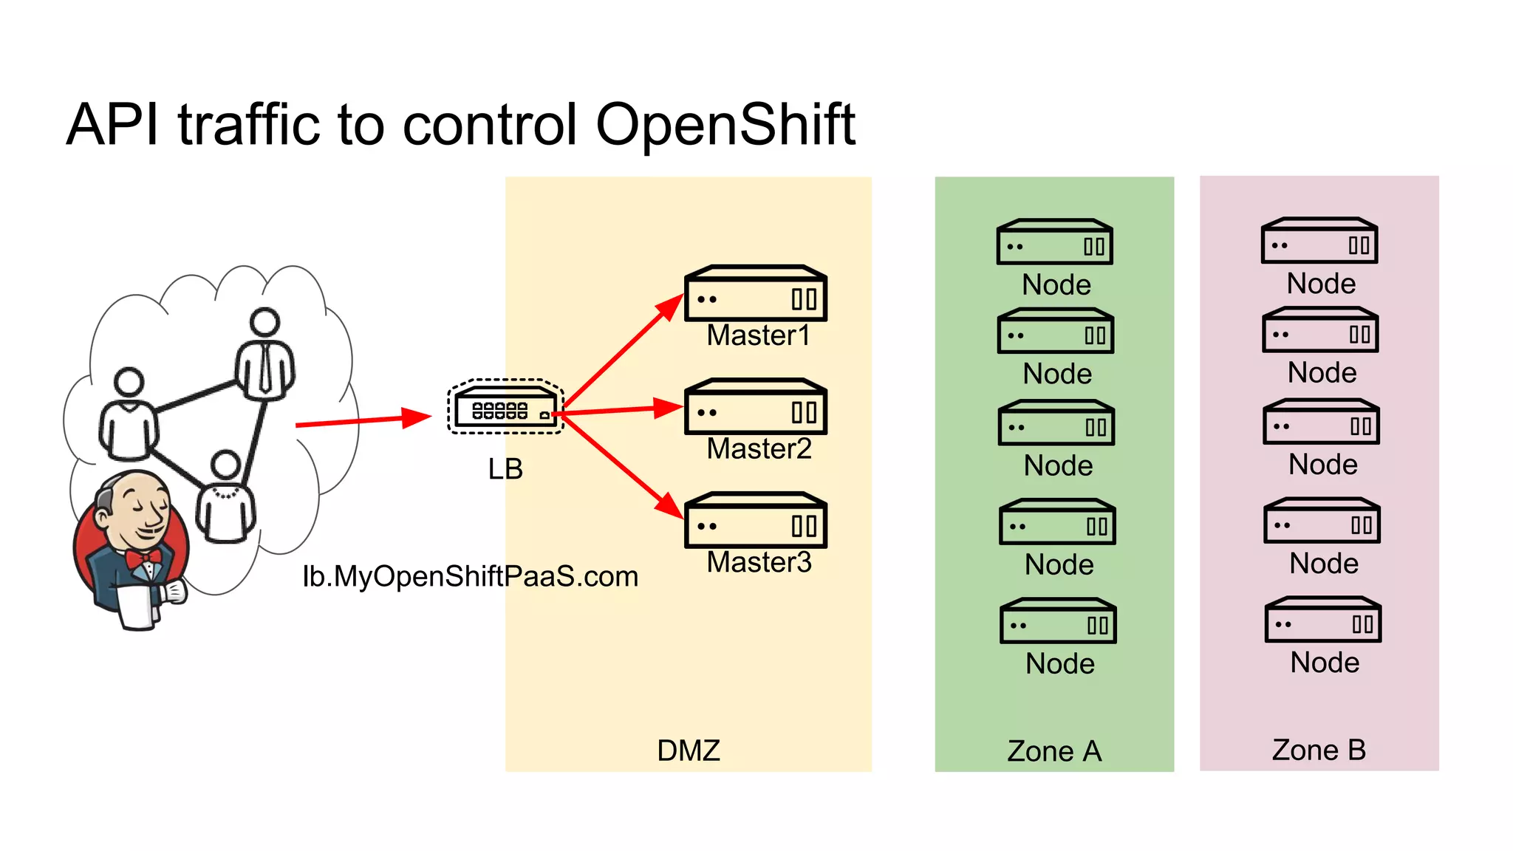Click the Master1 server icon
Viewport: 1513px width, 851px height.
click(x=755, y=294)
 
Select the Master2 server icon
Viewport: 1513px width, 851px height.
click(x=755, y=408)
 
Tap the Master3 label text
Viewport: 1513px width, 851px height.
click(x=759, y=563)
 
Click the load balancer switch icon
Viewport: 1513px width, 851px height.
click(x=505, y=408)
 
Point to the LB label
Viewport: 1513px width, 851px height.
click(x=505, y=469)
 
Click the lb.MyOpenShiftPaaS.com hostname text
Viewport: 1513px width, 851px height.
click(x=470, y=577)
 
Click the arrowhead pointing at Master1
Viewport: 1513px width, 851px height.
click(x=671, y=306)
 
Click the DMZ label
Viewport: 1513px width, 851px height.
click(x=688, y=751)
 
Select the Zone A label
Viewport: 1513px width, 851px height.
click(x=1054, y=751)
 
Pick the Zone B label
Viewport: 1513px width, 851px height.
click(x=1319, y=751)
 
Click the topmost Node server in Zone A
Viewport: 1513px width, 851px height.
click(x=1054, y=242)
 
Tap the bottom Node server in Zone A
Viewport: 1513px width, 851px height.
click(x=1058, y=622)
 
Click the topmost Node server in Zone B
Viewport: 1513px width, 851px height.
click(x=1319, y=241)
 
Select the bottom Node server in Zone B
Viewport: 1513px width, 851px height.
click(x=1322, y=621)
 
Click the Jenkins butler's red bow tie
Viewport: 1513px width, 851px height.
click(x=142, y=558)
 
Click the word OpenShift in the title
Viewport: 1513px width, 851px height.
click(x=725, y=124)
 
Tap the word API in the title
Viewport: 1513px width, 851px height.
click(x=112, y=124)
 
